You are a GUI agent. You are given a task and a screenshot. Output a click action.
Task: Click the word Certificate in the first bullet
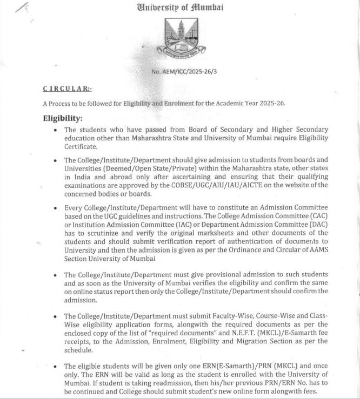[81, 146]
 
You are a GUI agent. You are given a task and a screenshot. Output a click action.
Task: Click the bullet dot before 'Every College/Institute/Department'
[56, 208]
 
